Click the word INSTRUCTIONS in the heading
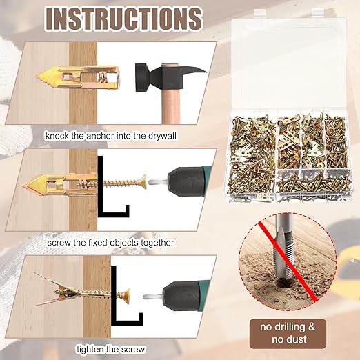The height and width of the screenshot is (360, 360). pyautogui.click(x=123, y=19)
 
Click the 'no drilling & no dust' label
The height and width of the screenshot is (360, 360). pyautogui.click(x=297, y=333)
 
